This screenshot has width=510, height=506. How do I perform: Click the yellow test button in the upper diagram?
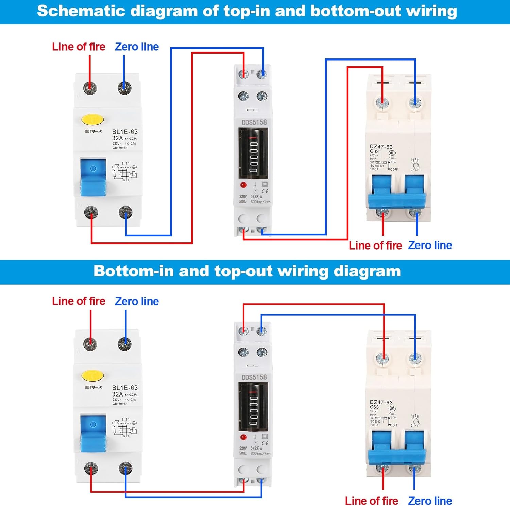tap(92, 120)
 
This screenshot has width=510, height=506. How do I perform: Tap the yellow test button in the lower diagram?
tap(92, 376)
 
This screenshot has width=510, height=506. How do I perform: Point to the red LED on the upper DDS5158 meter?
tap(243, 185)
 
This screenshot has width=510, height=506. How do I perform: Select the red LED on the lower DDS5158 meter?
tap(243, 437)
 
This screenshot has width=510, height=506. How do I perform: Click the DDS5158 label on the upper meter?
tap(254, 122)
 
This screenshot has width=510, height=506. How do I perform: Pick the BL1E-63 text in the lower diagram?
tap(125, 388)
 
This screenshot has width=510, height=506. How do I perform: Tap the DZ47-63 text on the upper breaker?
tap(381, 147)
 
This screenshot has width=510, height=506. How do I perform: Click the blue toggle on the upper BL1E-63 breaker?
tap(93, 177)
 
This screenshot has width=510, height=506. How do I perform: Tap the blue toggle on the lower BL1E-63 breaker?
tap(93, 433)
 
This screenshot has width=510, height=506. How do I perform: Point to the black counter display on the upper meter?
tap(253, 153)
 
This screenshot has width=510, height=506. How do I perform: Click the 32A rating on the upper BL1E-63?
tap(117, 138)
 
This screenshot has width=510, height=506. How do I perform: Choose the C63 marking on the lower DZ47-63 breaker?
tap(374, 407)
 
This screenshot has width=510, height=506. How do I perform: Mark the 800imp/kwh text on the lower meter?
tap(260, 453)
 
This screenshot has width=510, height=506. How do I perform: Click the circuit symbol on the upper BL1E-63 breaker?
tap(124, 172)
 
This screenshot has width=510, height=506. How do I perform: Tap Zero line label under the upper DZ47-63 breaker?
tap(430, 245)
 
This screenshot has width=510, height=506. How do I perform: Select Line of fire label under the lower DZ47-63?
tap(371, 501)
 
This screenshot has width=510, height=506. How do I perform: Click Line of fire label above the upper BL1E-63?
tap(79, 47)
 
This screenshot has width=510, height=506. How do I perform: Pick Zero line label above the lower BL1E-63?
tap(137, 301)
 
